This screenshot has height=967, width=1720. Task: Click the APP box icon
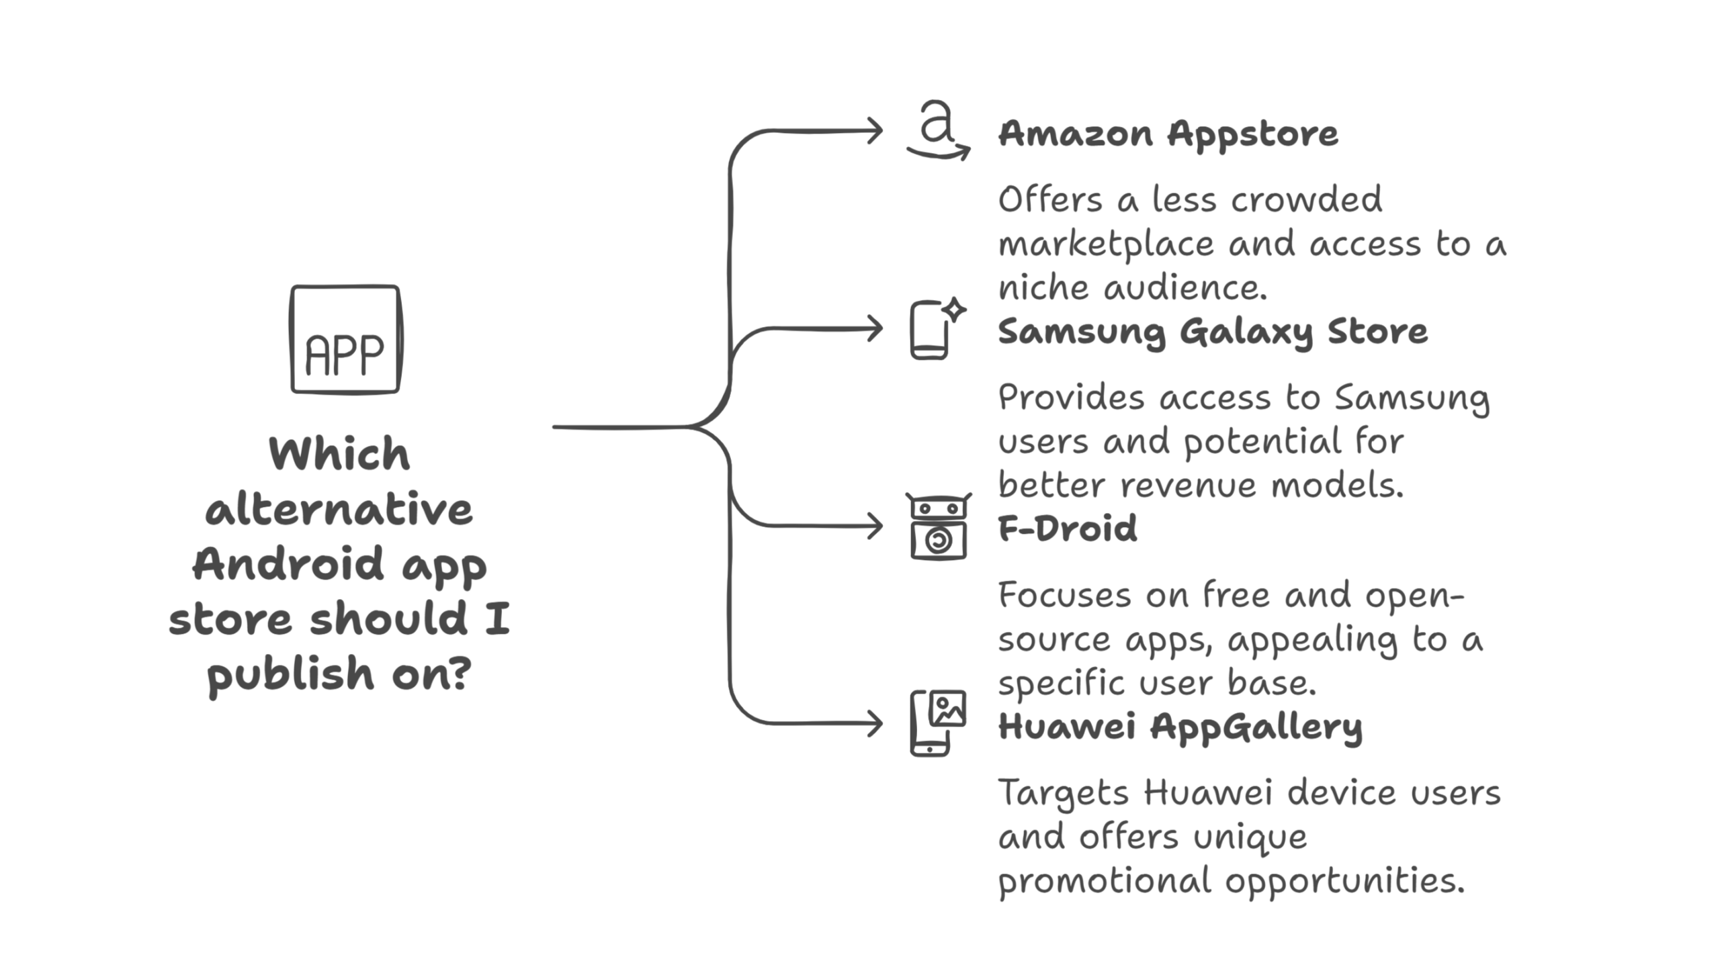[x=345, y=339]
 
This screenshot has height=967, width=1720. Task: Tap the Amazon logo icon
[x=938, y=130]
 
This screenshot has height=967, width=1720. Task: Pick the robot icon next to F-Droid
[x=938, y=526]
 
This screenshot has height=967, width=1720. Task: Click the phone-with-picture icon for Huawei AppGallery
[x=938, y=723]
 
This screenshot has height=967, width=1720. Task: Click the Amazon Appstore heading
[x=1168, y=133]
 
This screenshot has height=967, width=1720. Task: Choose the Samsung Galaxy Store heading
[x=1212, y=331]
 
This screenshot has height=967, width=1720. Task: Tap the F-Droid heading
[x=1067, y=528]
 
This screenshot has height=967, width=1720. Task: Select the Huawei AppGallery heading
[x=1180, y=726]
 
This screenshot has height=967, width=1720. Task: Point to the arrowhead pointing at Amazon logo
[x=876, y=130]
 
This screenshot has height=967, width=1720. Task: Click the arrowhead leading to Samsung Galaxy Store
[x=876, y=329]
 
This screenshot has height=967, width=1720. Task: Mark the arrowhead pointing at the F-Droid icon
[x=876, y=526]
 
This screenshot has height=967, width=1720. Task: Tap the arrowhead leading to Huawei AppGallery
[x=876, y=724]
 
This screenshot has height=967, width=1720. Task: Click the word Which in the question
[x=339, y=454]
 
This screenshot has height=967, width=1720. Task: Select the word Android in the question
[x=288, y=563]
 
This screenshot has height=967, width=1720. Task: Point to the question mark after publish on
[x=459, y=674]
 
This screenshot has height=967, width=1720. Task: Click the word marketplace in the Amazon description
[x=1106, y=244]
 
